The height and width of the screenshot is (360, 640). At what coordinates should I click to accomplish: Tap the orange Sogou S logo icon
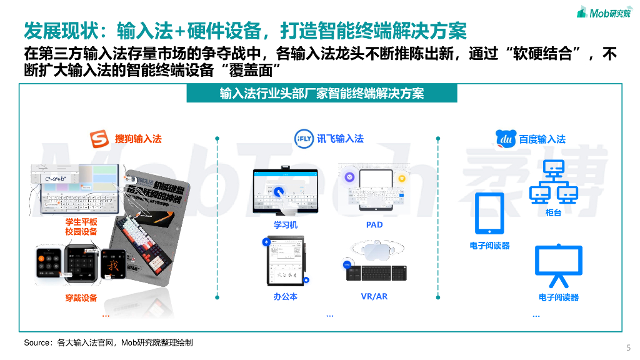click(x=99, y=138)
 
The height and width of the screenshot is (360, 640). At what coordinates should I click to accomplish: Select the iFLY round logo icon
click(x=304, y=138)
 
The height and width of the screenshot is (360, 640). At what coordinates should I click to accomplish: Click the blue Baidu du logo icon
click(x=506, y=138)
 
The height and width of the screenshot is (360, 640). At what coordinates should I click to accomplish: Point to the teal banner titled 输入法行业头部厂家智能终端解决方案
click(x=322, y=94)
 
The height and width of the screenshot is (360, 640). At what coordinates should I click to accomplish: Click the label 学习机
click(x=285, y=225)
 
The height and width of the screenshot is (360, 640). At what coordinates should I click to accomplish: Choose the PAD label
click(x=374, y=225)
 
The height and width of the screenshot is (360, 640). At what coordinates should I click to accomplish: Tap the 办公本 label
click(x=285, y=297)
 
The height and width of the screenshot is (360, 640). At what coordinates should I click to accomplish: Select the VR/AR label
click(x=374, y=297)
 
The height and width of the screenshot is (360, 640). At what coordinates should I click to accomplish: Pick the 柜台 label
click(x=553, y=213)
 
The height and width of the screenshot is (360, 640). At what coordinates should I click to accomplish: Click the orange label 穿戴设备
click(x=81, y=298)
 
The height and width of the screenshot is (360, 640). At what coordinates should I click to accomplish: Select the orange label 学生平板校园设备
click(x=81, y=227)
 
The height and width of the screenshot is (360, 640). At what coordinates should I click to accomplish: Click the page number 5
click(x=628, y=347)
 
